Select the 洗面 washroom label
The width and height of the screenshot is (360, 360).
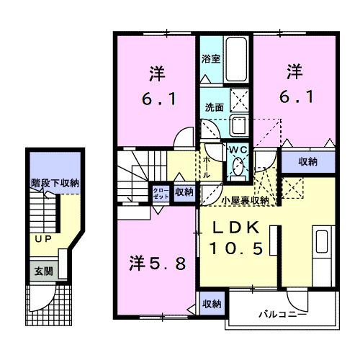[214, 107]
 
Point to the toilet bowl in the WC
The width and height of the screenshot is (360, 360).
[237, 168]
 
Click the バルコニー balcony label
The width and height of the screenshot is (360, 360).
[283, 315]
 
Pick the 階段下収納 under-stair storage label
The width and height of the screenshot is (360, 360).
[54, 183]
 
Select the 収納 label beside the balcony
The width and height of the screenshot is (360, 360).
[211, 303]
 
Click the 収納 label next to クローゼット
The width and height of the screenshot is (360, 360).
[184, 192]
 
